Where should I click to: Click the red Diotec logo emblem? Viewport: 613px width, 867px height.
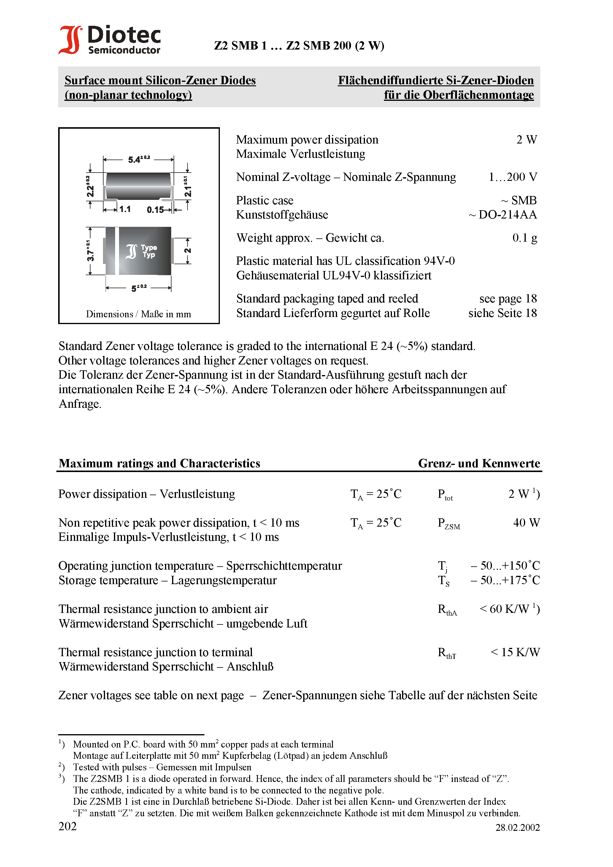(70, 40)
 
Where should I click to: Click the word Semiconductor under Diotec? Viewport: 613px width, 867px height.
(124, 50)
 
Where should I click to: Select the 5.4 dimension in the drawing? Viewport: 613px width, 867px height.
(138, 159)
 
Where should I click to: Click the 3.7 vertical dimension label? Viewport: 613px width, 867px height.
(90, 251)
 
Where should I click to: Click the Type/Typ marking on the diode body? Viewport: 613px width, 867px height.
(149, 251)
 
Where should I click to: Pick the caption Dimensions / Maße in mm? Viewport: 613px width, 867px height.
(138, 314)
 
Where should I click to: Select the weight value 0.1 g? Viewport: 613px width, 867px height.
(525, 238)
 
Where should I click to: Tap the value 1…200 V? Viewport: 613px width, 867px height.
(512, 177)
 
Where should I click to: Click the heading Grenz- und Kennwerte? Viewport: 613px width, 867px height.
(479, 463)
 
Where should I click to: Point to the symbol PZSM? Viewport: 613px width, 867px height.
(449, 524)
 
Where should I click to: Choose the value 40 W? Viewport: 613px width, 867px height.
(526, 523)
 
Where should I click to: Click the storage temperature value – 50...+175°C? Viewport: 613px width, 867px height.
(505, 580)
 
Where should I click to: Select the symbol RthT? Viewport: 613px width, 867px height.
(447, 653)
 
